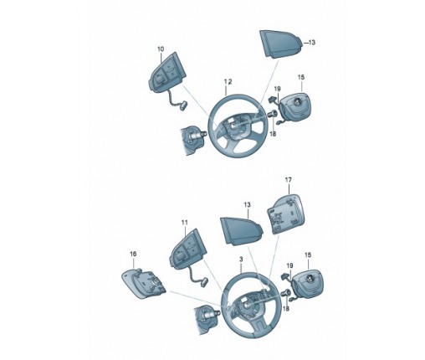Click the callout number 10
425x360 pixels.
161,49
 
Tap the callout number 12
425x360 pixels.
228,81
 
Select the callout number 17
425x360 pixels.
289,180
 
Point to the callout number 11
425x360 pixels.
184,223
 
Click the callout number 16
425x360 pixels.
133,254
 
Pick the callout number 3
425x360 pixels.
241,260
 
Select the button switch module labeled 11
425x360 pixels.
187,249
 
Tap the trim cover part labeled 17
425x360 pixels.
285,213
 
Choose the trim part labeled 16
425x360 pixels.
144,284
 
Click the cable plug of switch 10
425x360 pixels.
182,106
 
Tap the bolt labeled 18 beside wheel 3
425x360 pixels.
286,293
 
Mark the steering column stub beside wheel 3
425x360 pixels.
207,316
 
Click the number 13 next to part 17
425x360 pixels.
247,205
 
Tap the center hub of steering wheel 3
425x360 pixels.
247,305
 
